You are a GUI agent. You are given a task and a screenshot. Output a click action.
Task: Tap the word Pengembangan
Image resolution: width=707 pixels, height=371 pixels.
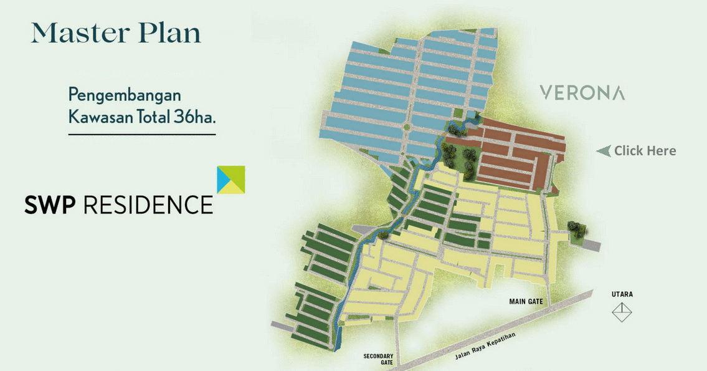(x=125, y=96)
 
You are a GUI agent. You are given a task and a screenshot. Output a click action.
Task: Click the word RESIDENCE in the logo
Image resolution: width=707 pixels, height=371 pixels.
(x=148, y=204)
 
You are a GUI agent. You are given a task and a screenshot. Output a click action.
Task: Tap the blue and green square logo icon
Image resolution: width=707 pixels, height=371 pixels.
(x=230, y=180)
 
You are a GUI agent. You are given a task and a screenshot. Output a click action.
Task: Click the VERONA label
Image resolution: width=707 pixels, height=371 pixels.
(x=582, y=94)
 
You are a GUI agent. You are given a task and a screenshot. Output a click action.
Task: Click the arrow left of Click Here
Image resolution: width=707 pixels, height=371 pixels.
(x=603, y=150)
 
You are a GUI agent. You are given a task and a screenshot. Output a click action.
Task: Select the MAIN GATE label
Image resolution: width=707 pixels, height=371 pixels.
(x=526, y=302)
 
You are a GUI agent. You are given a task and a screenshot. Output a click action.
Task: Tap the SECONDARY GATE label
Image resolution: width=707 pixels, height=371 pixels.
(x=378, y=359)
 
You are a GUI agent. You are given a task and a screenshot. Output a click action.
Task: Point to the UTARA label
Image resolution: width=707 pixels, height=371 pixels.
(x=622, y=294)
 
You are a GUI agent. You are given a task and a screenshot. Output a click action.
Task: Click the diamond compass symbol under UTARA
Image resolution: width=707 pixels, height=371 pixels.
(x=622, y=312)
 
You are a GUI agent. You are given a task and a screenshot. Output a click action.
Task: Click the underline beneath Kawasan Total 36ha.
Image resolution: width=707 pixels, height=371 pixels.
(x=142, y=134)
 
